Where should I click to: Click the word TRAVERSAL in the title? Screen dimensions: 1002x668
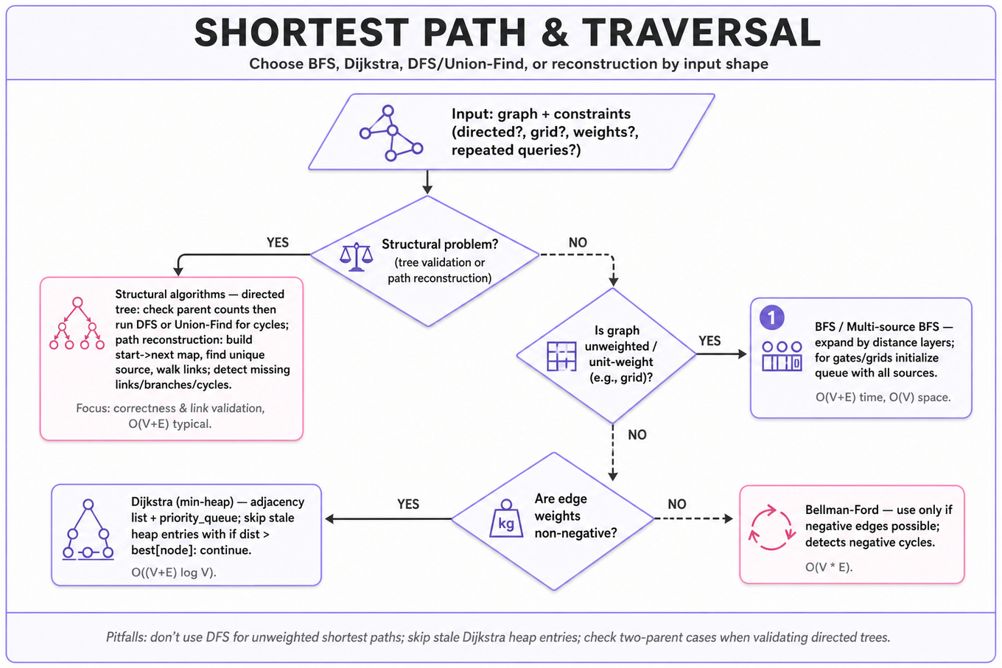point(701,32)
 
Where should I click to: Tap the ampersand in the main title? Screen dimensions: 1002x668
point(554,32)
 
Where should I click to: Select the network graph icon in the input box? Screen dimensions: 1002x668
point(391,133)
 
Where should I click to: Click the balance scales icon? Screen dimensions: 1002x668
point(356,257)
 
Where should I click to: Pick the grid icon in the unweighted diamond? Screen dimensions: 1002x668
point(561,356)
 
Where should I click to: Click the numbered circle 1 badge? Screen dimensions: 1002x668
point(771,317)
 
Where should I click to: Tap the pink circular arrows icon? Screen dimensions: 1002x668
point(772,527)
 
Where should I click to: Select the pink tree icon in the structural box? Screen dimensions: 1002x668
point(77,323)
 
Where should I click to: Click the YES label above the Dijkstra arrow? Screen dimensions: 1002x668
point(408,504)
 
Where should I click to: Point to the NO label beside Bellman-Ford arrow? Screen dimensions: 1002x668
point(677,504)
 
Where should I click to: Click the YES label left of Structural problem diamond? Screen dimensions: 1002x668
point(277,242)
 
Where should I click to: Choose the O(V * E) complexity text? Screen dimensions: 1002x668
point(829,567)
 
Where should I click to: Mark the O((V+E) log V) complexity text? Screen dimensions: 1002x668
point(174,572)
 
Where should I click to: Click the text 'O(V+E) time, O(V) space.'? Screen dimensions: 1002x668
point(883,397)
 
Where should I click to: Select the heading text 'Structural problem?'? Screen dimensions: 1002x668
point(440,244)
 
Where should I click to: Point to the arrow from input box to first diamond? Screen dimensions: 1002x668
point(427,182)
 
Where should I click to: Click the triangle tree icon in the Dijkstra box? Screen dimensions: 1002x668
point(88,530)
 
